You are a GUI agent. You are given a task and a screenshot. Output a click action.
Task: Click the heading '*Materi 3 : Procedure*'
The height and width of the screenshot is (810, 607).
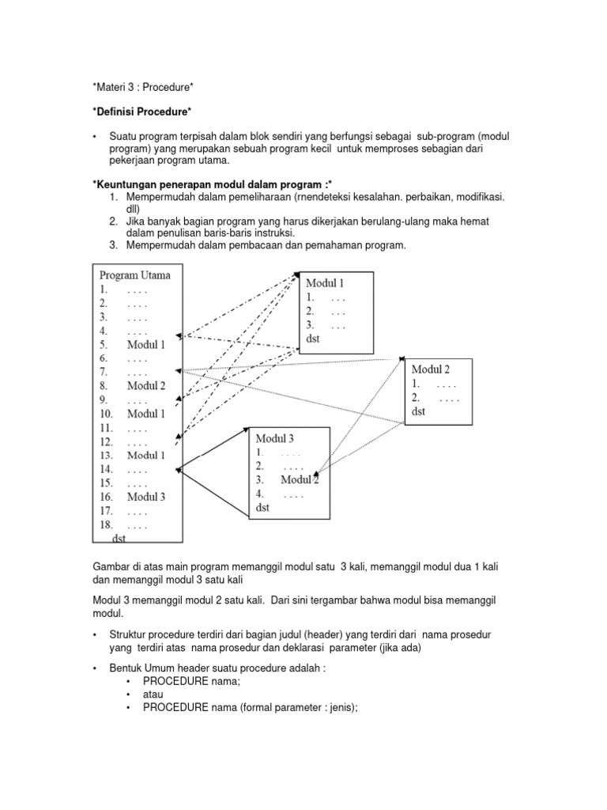[143, 85]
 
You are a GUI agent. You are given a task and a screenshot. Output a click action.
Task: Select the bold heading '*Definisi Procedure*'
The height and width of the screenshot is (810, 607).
[143, 111]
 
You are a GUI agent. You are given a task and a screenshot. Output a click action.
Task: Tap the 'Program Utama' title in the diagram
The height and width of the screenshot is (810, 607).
[134, 275]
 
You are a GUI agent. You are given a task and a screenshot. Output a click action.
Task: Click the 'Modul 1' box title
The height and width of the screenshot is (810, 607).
[325, 282]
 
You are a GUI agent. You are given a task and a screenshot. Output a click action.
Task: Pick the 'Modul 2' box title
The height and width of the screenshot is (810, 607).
[431, 369]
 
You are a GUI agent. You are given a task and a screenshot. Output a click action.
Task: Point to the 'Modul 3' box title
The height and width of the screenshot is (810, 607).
[275, 437]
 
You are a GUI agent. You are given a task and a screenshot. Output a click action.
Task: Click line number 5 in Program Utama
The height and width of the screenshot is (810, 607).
[104, 345]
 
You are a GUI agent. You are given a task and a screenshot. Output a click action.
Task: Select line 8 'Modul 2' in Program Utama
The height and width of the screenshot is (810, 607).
[145, 386]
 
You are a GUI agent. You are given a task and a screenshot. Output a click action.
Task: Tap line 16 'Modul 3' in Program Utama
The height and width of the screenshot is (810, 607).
[145, 497]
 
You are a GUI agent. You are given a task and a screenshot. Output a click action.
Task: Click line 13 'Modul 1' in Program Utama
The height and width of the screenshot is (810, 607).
[145, 455]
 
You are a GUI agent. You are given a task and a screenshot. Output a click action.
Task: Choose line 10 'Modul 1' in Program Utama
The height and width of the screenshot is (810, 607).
[145, 414]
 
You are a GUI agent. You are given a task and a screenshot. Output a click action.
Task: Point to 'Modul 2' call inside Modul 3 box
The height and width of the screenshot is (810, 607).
[299, 480]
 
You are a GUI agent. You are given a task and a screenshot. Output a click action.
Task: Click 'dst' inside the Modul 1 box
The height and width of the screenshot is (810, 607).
[313, 339]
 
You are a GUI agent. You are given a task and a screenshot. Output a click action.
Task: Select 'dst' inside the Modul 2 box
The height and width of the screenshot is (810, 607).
[419, 411]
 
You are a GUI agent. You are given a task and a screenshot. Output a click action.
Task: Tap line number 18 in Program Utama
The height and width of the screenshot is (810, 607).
[106, 524]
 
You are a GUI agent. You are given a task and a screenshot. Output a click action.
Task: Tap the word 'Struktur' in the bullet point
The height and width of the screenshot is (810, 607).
[129, 634]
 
